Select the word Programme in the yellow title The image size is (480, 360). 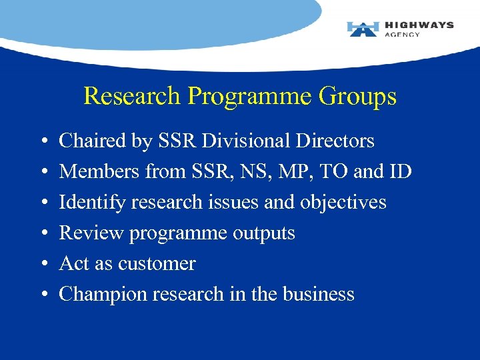coord(250,97)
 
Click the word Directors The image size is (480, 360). coord(338,141)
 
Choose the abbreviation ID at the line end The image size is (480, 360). coord(401,171)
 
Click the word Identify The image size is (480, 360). coord(92,202)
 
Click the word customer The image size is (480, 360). coord(157,264)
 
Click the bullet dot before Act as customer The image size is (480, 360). coord(43,265)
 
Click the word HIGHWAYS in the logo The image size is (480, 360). coord(419,25)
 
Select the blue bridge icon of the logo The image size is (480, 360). coord(363,29)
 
